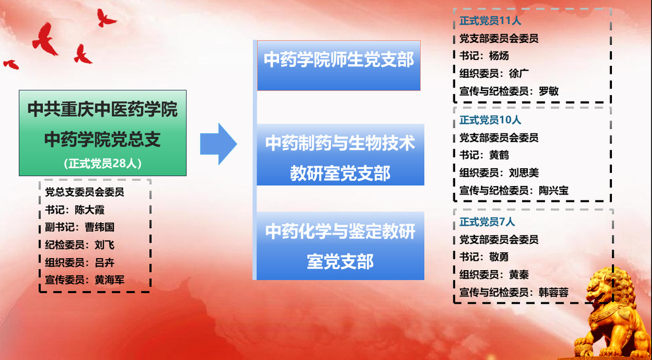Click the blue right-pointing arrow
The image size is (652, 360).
pyautogui.click(x=218, y=144)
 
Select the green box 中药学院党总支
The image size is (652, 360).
pyautogui.click(x=102, y=133)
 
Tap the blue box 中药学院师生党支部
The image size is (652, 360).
pyautogui.click(x=338, y=65)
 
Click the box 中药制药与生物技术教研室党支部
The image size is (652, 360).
pyautogui.click(x=340, y=155)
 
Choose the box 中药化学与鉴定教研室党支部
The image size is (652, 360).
pyautogui.click(x=340, y=246)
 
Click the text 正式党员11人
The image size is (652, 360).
pyautogui.click(x=490, y=21)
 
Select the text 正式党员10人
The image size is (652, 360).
pyautogui.click(x=490, y=120)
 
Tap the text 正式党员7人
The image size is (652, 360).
pyautogui.click(x=487, y=222)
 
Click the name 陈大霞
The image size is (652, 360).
pyautogui.click(x=89, y=210)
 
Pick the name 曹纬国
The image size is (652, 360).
pyautogui.click(x=100, y=227)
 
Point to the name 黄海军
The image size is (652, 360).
pyautogui.click(x=109, y=280)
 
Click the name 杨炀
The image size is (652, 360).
pyautogui.click(x=499, y=56)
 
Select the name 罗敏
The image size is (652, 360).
pyautogui.click(x=549, y=91)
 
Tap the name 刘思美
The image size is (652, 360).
pyautogui.click(x=524, y=172)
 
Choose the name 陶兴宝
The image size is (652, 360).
pyautogui.click(x=554, y=191)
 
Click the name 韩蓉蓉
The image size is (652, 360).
pyautogui.click(x=554, y=292)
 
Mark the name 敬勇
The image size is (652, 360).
pyautogui.click(x=499, y=257)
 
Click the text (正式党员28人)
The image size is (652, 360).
pyautogui.click(x=102, y=164)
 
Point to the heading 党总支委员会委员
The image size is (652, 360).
pyautogui.click(x=84, y=192)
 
